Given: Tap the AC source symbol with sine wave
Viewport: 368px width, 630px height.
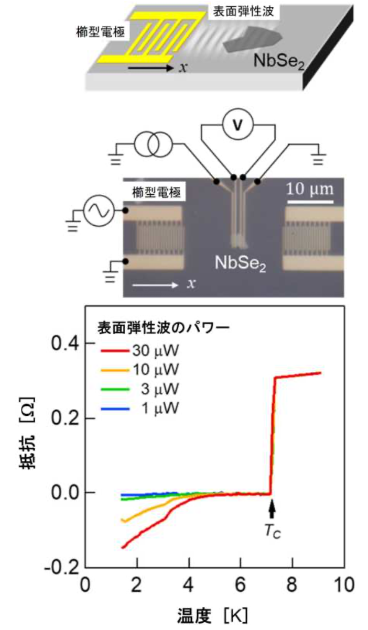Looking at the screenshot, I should pyautogui.click(x=98, y=212).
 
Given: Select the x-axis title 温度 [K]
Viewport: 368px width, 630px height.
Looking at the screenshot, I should pyautogui.click(x=212, y=613).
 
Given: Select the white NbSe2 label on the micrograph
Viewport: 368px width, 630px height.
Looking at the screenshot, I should pyautogui.click(x=240, y=264).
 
